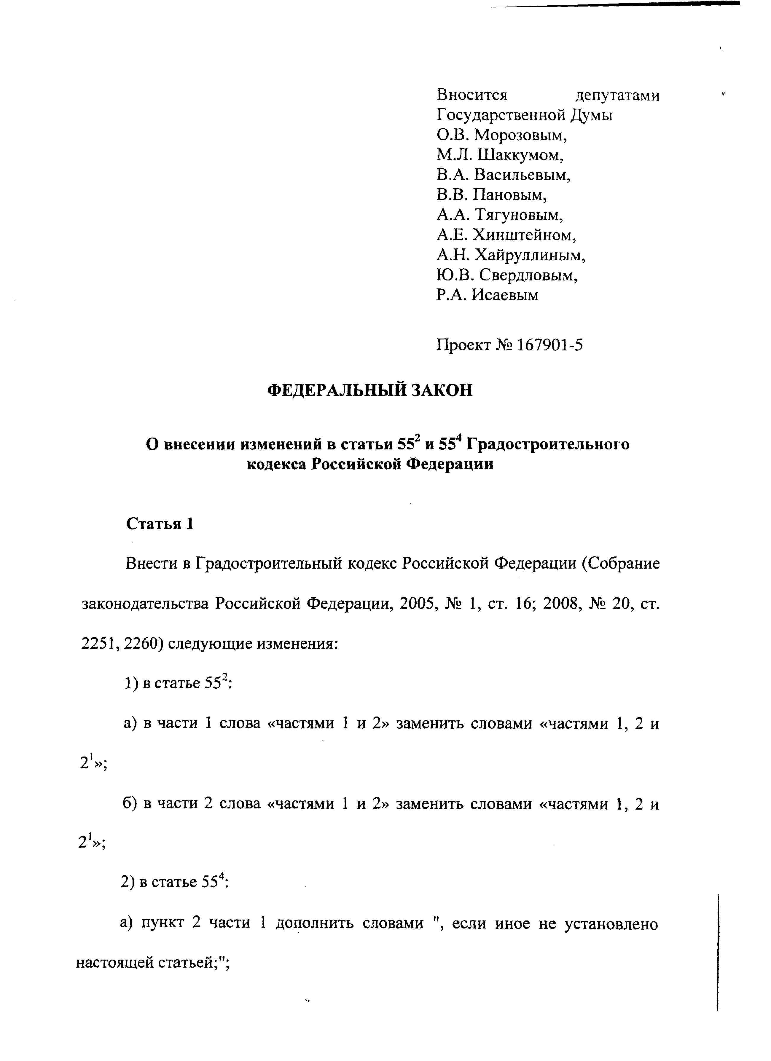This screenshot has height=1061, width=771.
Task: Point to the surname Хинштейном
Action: [x=524, y=235]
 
